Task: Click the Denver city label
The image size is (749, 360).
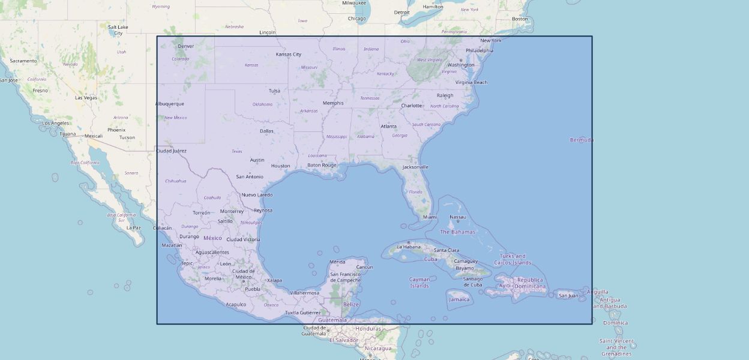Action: (x=186, y=46)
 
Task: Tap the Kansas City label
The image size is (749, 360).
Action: (x=288, y=55)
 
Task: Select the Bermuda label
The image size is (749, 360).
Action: (x=582, y=140)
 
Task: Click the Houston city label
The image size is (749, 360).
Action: (x=280, y=166)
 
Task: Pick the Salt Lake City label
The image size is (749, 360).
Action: (x=118, y=30)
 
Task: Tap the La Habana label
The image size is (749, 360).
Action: (x=409, y=247)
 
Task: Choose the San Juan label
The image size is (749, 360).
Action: (x=568, y=295)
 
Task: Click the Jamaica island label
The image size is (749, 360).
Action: (x=459, y=299)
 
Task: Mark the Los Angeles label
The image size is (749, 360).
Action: (x=55, y=123)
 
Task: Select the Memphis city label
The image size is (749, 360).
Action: (x=333, y=103)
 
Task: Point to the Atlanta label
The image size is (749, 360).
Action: (x=388, y=127)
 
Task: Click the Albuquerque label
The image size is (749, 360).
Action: (x=169, y=104)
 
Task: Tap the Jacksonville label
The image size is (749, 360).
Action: (x=415, y=167)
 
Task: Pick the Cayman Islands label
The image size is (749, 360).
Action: (x=420, y=283)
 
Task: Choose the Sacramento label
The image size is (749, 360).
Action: (x=23, y=61)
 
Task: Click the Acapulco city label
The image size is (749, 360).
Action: (x=236, y=304)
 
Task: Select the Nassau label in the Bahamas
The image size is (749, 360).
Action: (x=458, y=217)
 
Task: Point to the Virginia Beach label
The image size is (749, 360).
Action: (x=471, y=82)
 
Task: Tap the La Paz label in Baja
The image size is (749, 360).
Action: (x=133, y=228)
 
